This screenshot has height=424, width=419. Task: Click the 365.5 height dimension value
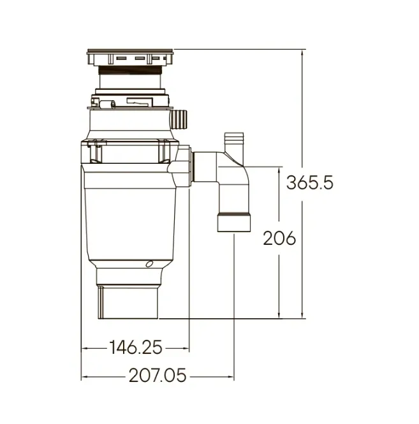pyautogui.click(x=310, y=182)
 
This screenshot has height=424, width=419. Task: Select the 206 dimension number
pyautogui.click(x=279, y=238)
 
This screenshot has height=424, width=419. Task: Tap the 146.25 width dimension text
pyautogui.click(x=136, y=347)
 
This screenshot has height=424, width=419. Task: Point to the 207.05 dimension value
pyautogui.click(x=158, y=376)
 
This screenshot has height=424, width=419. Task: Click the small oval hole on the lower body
pyautogui.click(x=149, y=264)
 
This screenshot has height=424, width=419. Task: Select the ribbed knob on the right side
pyautogui.click(x=179, y=120)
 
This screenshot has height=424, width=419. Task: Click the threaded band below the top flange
pyautogui.click(x=130, y=70)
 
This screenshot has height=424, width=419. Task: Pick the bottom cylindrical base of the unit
pyautogui.click(x=128, y=303)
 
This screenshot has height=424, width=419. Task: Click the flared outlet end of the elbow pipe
pyautogui.click(x=234, y=223)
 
